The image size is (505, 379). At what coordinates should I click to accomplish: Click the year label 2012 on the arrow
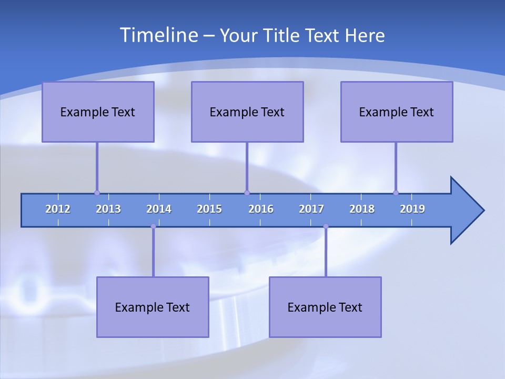(58, 209)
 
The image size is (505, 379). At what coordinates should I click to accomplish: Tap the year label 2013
(108, 209)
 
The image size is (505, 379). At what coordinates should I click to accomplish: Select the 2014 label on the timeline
(159, 209)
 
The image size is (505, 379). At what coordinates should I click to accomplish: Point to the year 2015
(209, 209)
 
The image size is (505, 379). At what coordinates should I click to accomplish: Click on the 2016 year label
(261, 209)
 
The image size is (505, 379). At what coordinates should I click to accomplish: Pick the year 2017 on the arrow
(311, 209)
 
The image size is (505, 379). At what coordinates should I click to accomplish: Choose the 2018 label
(362, 209)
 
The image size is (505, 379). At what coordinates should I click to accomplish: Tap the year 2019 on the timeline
(412, 209)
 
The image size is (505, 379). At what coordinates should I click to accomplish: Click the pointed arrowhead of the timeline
(468, 211)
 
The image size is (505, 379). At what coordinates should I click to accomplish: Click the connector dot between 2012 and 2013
(97, 193)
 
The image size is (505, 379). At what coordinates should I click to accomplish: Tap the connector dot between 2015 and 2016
(247, 193)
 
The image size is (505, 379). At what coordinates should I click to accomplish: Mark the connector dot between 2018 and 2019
(396, 193)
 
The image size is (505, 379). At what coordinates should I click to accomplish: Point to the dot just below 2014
(153, 226)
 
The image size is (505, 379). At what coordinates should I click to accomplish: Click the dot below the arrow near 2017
(326, 226)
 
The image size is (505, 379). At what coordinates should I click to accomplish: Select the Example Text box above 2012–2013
(98, 112)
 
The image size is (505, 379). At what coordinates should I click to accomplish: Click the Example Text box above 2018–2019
(397, 112)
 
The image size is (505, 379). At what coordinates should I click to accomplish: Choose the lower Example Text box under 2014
(153, 307)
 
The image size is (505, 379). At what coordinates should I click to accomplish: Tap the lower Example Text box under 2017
(325, 307)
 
